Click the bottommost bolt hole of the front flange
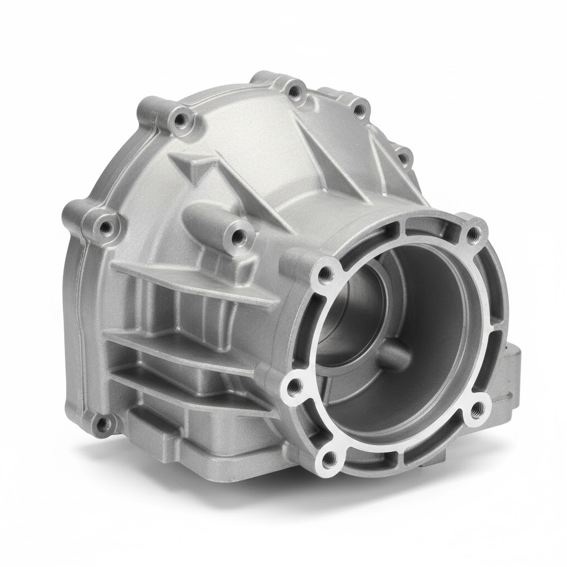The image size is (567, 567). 331,457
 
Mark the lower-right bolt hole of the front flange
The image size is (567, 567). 476,410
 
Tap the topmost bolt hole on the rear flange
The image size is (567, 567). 298,92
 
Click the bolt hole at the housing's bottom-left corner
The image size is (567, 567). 102,425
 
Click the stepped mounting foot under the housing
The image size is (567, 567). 183,437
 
